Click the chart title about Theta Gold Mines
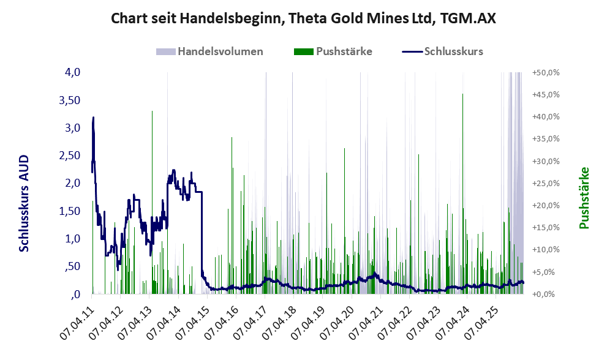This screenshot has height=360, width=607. (x=303, y=18)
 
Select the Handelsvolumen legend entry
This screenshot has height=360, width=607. (x=209, y=51)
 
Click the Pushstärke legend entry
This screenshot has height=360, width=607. (x=333, y=51)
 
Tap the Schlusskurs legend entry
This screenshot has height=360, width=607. (x=442, y=51)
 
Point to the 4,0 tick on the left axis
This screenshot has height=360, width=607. (x=72, y=72)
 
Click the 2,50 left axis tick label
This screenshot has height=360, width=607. (x=70, y=156)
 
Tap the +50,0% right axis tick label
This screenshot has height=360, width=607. (x=546, y=73)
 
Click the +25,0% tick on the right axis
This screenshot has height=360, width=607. (x=546, y=184)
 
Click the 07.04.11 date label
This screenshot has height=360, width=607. (x=77, y=324)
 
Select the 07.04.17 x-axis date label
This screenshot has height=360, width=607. (x=251, y=324)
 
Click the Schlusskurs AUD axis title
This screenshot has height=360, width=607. (x=24, y=203)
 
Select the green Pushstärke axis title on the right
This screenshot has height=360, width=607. (x=584, y=198)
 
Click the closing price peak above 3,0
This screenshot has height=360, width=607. (x=93, y=118)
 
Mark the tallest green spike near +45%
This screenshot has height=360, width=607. (x=462, y=94)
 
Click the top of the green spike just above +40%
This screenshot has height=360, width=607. (x=152, y=111)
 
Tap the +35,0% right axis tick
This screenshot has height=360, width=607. (x=546, y=139)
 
